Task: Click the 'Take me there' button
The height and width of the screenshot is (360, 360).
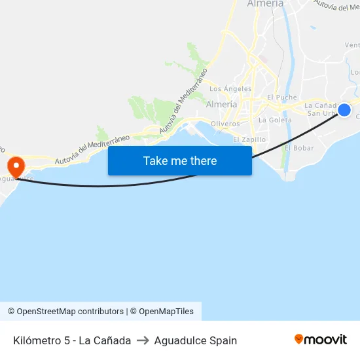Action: pyautogui.click(x=180, y=160)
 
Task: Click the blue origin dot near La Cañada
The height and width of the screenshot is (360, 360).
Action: pyautogui.click(x=344, y=109)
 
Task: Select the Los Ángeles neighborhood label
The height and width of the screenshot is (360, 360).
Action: pyautogui.click(x=230, y=89)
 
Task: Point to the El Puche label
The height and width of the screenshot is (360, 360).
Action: pyautogui.click(x=282, y=98)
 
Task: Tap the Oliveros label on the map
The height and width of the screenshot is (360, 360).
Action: pyautogui.click(x=225, y=124)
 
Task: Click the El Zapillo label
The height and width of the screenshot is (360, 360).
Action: pyautogui.click(x=249, y=139)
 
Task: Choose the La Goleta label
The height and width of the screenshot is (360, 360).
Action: pyautogui.click(x=275, y=120)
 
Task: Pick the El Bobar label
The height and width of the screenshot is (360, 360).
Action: pyautogui.click(x=299, y=148)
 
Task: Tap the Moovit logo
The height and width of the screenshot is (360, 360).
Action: pyautogui.click(x=321, y=340)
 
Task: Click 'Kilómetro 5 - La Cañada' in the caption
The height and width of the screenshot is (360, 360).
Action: pyautogui.click(x=72, y=340)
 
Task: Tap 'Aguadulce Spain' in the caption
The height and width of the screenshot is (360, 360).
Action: pyautogui.click(x=196, y=340)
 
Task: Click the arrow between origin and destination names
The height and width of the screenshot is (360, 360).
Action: pyautogui.click(x=143, y=340)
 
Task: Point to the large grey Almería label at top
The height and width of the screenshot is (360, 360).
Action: pyautogui.click(x=265, y=4)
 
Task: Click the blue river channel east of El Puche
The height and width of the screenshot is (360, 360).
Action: pyautogui.click(x=288, y=65)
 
